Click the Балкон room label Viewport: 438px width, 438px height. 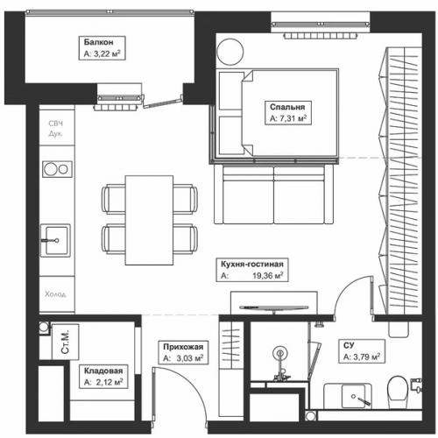coord(98,42)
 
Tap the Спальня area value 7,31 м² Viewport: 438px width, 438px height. coord(288,118)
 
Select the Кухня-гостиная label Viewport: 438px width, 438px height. coord(252,264)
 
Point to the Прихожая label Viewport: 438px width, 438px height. coord(183,347)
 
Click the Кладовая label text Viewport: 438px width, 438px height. coord(103,371)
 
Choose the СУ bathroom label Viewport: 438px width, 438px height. coord(349,345)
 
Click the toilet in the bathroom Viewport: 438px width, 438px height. coord(398,392)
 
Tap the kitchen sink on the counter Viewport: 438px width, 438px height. coord(55,240)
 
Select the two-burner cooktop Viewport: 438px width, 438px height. coord(57,169)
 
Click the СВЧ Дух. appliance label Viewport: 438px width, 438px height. coord(55,129)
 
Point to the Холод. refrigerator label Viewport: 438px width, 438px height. coord(55,294)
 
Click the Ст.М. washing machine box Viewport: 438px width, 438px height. coord(65,342)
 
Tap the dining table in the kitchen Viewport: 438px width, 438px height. coord(149,220)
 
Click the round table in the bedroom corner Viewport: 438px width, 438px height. coord(230,51)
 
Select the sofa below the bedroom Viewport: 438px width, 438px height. coord(273,194)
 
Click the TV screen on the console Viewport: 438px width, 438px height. coord(273,307)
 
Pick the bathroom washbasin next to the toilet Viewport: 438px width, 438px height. coord(353,396)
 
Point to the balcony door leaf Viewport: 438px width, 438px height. coord(162,102)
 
